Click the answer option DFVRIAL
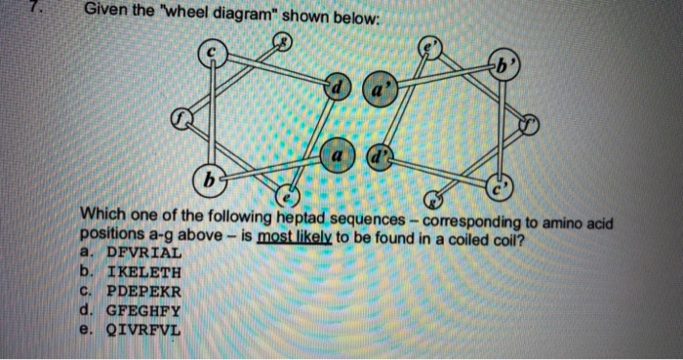point(135,254)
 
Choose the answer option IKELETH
point(135,272)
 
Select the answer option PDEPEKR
point(135,291)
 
